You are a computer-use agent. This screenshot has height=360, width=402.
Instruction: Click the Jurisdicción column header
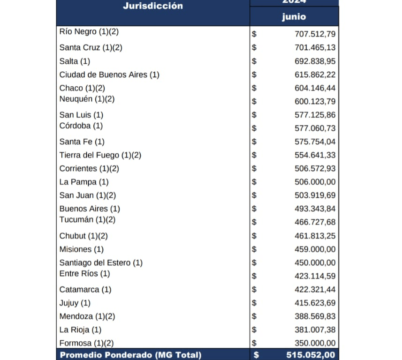point(152,7)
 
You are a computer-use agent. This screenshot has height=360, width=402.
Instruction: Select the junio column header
point(294,17)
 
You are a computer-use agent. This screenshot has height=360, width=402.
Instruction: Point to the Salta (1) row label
point(75,61)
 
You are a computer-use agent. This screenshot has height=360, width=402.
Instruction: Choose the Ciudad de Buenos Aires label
point(109,75)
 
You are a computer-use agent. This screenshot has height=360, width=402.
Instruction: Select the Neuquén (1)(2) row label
point(87,99)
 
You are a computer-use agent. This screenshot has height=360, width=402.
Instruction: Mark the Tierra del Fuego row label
point(100,155)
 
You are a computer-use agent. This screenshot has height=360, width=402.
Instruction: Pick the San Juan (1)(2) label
point(87,195)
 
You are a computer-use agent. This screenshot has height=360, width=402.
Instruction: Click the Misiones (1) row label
point(81,249)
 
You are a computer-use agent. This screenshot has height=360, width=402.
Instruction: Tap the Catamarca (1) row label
point(85,290)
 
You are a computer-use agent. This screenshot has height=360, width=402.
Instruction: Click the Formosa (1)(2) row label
point(86,343)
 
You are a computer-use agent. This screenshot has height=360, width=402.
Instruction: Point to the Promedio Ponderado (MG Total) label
point(130,355)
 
